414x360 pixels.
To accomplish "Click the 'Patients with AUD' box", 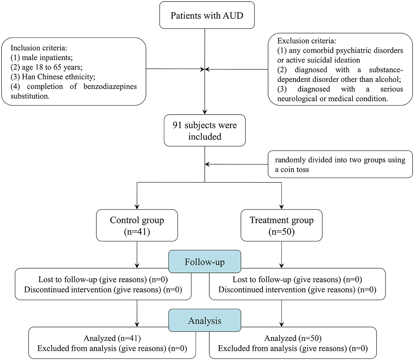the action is click(x=207, y=15).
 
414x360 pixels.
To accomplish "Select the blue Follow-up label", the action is click(x=205, y=262).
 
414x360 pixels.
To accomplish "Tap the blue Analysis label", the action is click(x=205, y=320).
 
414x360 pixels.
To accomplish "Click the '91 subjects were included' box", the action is click(x=205, y=131).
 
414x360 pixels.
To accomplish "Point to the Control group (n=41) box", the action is click(x=137, y=225).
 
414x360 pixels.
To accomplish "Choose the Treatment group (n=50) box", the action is click(x=282, y=225).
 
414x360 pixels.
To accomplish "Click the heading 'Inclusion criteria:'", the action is click(x=39, y=48).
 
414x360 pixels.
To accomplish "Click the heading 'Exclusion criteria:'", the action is click(x=307, y=41).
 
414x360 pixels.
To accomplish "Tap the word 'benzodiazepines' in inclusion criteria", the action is click(x=110, y=87).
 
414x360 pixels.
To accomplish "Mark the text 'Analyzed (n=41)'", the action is click(x=112, y=338).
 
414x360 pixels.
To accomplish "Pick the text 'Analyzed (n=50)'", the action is click(x=293, y=338).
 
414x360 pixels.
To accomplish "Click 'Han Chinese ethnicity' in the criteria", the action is click(x=57, y=77).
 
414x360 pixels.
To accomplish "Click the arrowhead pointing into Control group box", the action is click(x=137, y=207).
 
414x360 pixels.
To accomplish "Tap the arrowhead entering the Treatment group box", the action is click(x=282, y=207).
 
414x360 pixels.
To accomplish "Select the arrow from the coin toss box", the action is click(x=236, y=164).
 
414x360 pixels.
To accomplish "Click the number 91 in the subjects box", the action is click(x=177, y=125).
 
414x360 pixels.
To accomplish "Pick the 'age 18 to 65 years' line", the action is click(x=52, y=67).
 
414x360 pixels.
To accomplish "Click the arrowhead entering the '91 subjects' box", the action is click(x=205, y=112).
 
